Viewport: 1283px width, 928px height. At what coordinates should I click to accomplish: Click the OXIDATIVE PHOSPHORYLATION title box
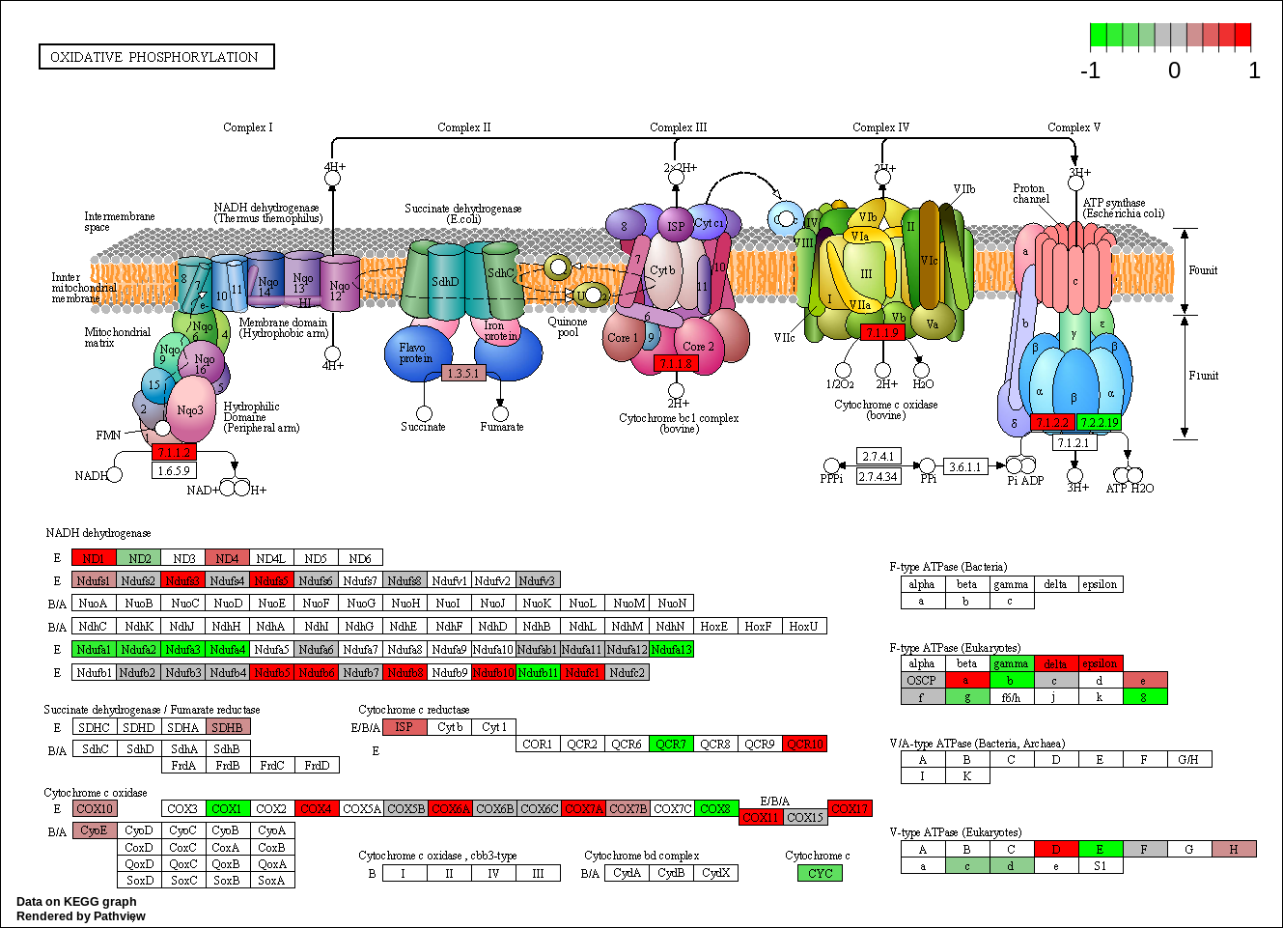(155, 57)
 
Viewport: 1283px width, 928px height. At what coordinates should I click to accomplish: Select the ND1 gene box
(94, 558)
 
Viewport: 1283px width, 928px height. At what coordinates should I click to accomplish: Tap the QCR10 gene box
(804, 745)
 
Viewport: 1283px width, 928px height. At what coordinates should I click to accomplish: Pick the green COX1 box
(227, 809)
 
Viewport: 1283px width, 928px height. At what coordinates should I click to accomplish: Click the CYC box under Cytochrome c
(820, 874)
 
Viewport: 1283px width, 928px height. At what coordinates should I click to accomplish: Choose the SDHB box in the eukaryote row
(227, 727)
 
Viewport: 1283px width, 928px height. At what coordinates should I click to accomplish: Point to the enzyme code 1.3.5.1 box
(463, 373)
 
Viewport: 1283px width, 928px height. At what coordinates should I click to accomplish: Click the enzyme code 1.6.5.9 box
(174, 471)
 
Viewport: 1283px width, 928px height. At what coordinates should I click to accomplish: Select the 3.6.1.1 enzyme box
(964, 467)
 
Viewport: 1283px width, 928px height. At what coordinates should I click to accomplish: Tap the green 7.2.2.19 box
(1099, 423)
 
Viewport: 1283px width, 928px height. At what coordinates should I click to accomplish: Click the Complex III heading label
(678, 127)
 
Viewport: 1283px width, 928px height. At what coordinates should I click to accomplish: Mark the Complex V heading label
(1074, 127)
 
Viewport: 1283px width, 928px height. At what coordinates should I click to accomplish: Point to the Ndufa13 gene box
(672, 650)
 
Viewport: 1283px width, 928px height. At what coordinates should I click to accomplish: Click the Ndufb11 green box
(538, 672)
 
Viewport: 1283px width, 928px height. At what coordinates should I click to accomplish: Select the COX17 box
(850, 809)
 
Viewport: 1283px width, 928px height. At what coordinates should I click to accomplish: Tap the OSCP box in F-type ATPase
(922, 681)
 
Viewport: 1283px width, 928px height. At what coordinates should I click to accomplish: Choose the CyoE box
(94, 830)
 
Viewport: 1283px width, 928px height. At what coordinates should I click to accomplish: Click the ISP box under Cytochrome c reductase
(404, 727)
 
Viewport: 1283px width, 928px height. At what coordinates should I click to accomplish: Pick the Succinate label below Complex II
(423, 427)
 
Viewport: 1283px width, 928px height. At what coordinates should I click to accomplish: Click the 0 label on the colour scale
(1174, 70)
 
